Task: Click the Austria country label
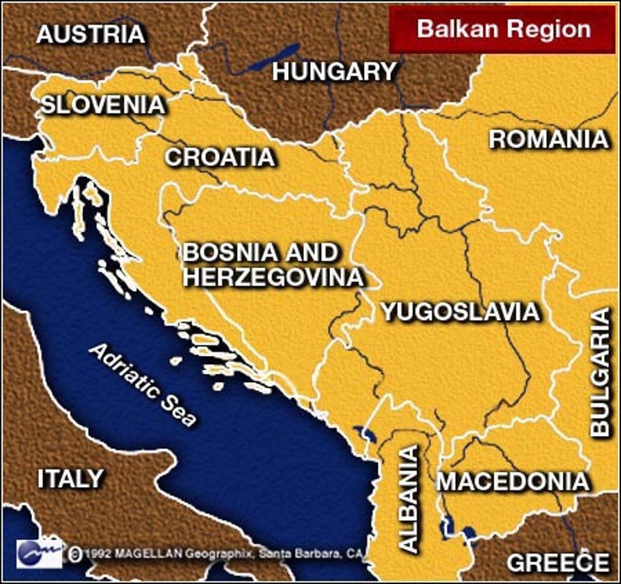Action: (91, 35)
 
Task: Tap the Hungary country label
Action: (334, 72)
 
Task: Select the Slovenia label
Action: (103, 105)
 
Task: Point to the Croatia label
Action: (219, 157)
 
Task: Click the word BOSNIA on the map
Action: (232, 253)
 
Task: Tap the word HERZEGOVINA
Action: (274, 277)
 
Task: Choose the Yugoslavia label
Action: (460, 312)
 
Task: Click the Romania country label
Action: (548, 140)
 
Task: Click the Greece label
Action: (558, 563)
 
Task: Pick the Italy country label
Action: (71, 479)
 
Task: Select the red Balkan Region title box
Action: (502, 29)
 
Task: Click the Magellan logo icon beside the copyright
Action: (39, 553)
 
